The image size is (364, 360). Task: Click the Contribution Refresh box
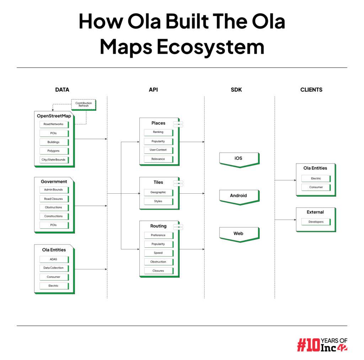coord(84,104)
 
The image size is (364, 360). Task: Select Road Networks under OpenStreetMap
coord(54,124)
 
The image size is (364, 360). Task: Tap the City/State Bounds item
coord(54,160)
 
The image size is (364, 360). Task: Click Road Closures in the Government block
coord(54,199)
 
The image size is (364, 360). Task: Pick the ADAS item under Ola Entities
coord(54,259)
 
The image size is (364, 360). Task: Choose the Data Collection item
coord(54,268)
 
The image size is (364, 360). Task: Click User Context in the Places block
coord(158,150)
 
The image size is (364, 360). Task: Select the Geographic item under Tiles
coord(158,192)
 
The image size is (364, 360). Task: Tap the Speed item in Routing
coord(158,253)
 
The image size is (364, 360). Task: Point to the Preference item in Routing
coord(158,235)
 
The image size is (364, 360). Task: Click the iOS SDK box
coord(239,158)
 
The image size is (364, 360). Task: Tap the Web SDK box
coord(239,234)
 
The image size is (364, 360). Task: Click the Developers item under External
coord(316,222)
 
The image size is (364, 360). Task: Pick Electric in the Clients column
coord(316,178)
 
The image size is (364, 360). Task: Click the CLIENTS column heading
coord(311,90)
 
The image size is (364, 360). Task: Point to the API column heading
coord(153,90)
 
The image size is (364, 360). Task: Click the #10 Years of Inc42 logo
coord(322,344)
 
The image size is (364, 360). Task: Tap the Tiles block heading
coord(158,182)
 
